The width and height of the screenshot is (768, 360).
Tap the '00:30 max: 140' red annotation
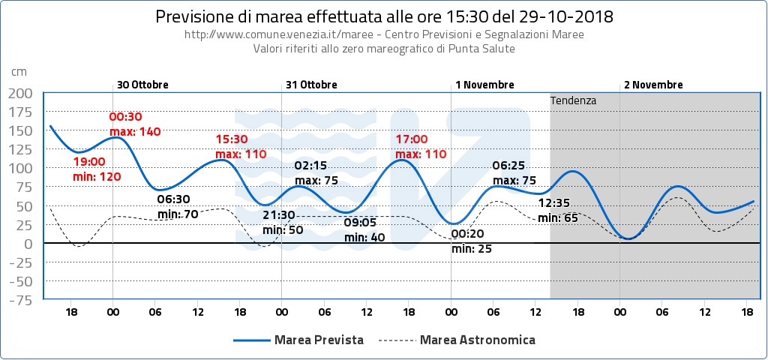click(135, 124)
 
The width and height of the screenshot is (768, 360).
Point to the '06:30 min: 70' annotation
click(177, 207)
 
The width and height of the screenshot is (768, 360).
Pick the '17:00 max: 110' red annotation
click(421, 146)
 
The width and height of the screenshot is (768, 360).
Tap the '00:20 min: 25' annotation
click(472, 241)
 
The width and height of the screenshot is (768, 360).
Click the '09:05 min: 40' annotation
click(364, 229)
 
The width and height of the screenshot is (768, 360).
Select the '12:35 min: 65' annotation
click(558, 210)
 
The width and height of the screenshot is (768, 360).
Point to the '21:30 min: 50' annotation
click(283, 222)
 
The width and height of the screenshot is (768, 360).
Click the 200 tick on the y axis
click(20, 93)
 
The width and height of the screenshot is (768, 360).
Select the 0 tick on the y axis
click(28, 244)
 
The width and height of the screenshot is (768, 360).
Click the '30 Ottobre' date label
click(142, 85)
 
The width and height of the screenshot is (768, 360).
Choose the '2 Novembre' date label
click(653, 85)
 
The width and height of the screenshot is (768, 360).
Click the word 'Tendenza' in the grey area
click(573, 100)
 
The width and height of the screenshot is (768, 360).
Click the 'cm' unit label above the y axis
click(19, 71)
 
